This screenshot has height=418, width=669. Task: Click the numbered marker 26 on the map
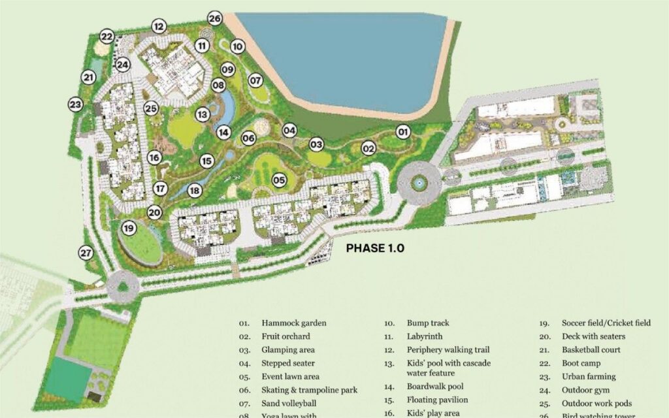pos(216,18)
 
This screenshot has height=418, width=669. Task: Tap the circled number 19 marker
pos(129,228)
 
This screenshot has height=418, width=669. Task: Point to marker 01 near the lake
pos(403,131)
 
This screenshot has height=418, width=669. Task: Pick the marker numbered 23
pos(76,104)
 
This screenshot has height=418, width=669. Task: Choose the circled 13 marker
pos(203,114)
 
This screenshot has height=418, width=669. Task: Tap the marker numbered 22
pos(107,37)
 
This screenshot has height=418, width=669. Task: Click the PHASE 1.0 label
pos(375,248)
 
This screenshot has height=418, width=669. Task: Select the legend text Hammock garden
pos(293,323)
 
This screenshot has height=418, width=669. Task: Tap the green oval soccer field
pos(140,244)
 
